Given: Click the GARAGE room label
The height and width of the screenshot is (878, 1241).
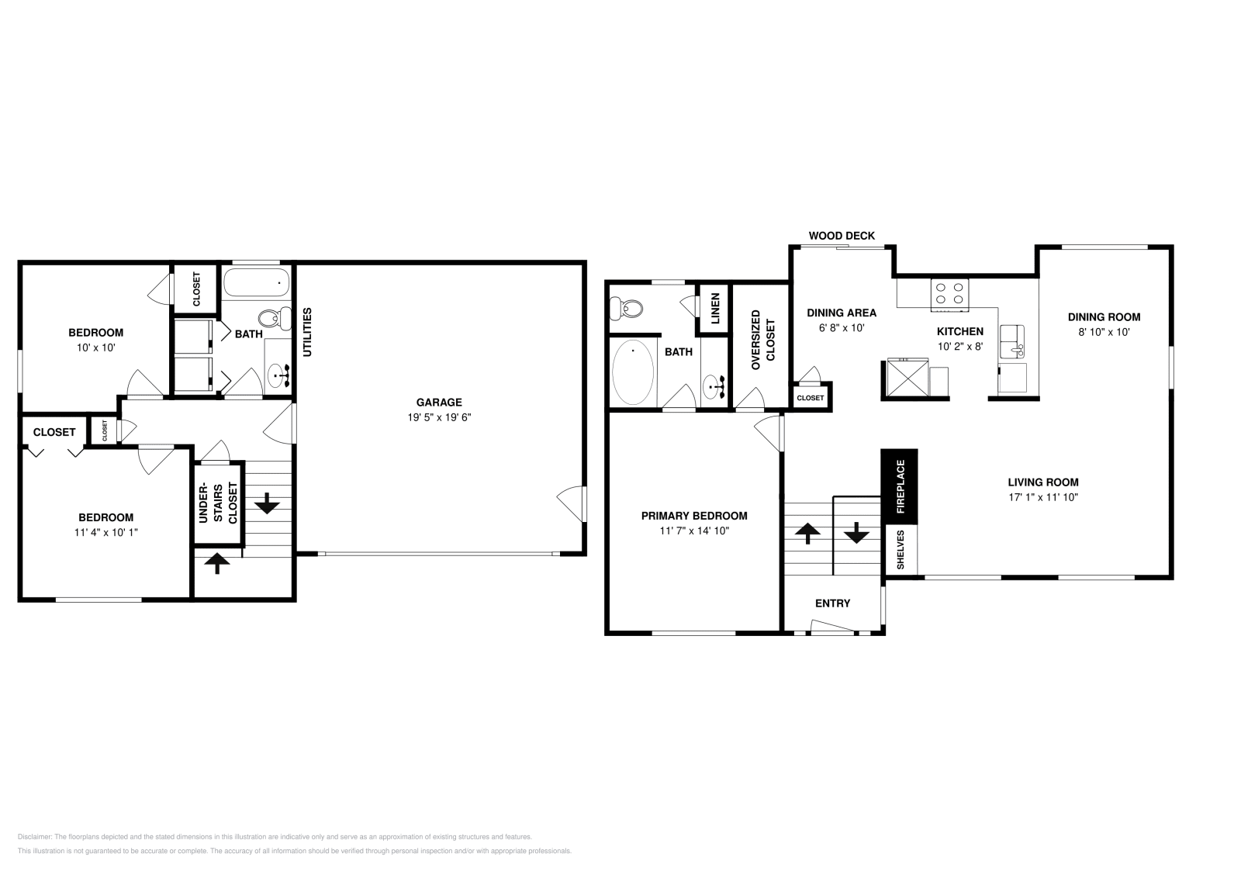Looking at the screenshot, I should tap(438, 402).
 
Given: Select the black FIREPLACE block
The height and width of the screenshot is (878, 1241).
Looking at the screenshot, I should tap(900, 486).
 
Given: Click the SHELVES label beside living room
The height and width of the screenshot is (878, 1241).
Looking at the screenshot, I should tap(901, 550).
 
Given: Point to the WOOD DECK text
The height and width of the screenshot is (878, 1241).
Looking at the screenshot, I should tap(842, 236).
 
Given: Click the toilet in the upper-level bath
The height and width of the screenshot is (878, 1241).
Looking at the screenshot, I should tap(627, 309).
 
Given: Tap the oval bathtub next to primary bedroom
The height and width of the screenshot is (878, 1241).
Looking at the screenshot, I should tap(633, 372).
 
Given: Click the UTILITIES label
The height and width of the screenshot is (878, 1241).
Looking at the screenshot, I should tap(307, 332).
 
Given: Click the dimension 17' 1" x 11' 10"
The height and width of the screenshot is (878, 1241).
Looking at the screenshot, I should tap(1042, 498).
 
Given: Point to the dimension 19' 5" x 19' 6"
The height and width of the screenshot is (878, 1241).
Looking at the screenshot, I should tap(439, 417).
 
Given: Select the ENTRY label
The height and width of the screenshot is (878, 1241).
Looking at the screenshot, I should tap(832, 603).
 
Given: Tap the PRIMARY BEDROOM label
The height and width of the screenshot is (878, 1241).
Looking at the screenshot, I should tap(693, 516).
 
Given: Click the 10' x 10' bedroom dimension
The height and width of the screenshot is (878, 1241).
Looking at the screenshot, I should tap(95, 347).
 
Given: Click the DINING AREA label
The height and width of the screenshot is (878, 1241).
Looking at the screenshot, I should tap(841, 313).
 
